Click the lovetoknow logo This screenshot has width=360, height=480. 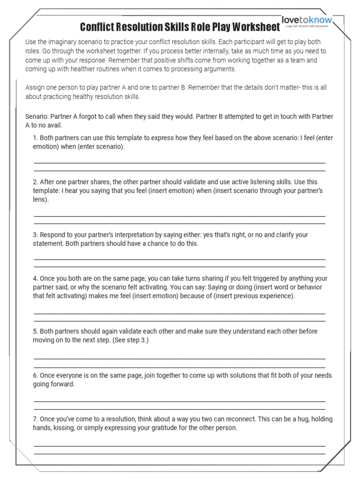pyautogui.click(x=307, y=21)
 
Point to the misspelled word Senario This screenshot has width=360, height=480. pyautogui.click(x=37, y=116)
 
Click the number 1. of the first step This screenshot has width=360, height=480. pyautogui.click(x=36, y=138)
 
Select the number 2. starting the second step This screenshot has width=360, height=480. pyautogui.click(x=36, y=182)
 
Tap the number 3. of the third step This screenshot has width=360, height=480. pyautogui.click(x=36, y=235)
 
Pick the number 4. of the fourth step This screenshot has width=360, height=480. pyautogui.click(x=36, y=278)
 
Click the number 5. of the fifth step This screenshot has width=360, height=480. pyautogui.click(x=36, y=331)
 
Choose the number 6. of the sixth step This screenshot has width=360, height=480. pyautogui.click(x=36, y=375)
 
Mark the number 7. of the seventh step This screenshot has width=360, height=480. pyautogui.click(x=36, y=419)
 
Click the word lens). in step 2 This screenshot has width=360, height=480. pyautogui.click(x=41, y=200)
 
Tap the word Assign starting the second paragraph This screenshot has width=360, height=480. pyautogui.click(x=36, y=87)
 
